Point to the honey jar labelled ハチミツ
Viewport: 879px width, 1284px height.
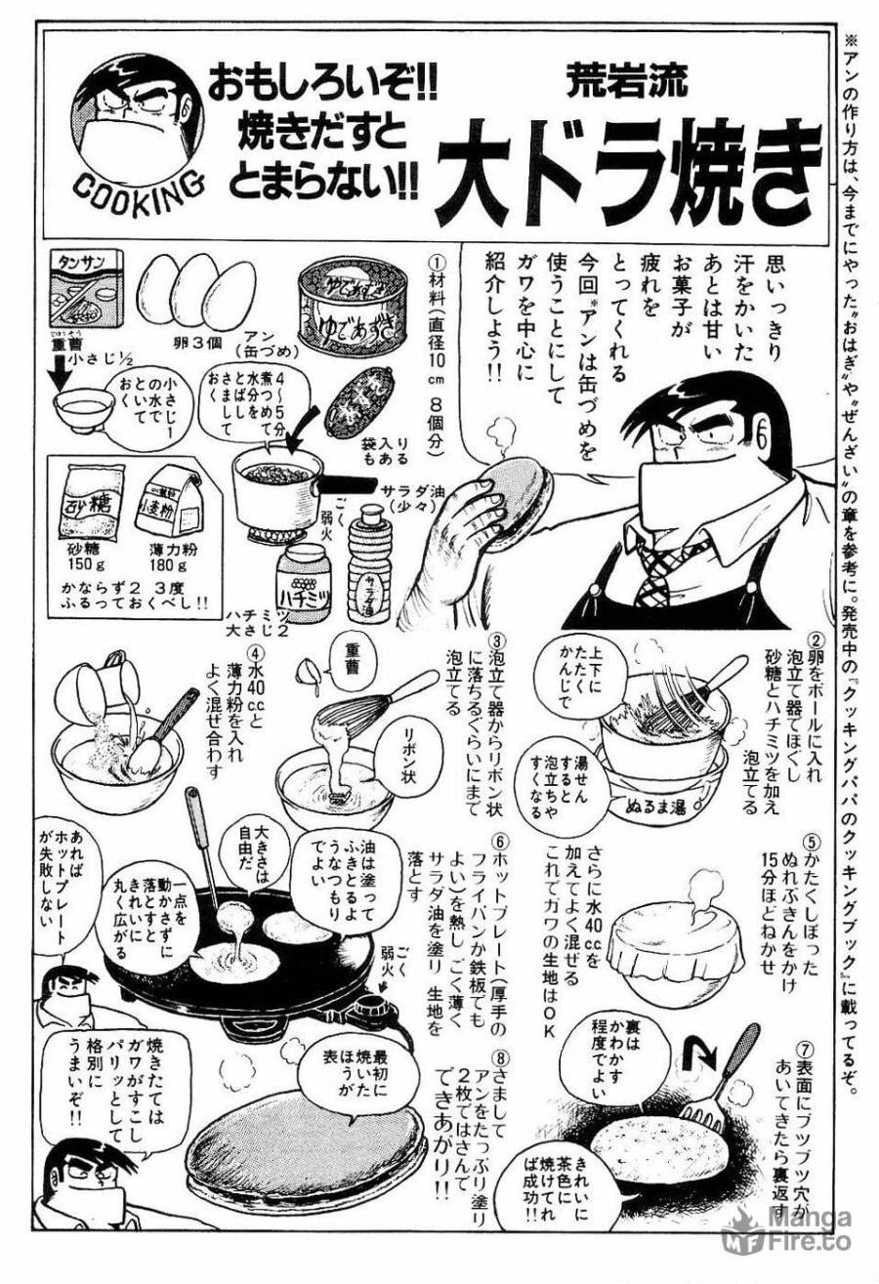point(305,574)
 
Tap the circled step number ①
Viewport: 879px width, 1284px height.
point(437,263)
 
